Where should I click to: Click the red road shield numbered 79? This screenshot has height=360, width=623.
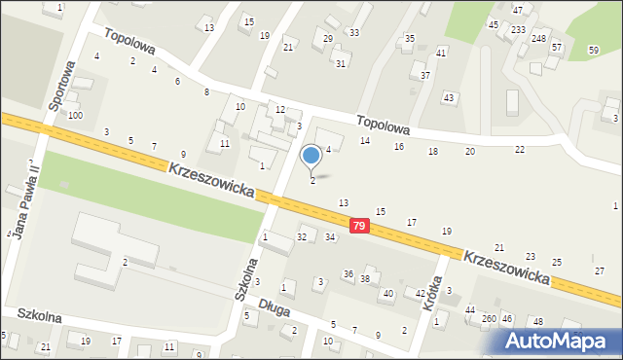[360, 226]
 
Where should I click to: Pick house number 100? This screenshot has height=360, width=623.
[75, 115]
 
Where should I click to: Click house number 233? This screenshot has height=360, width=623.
[518, 30]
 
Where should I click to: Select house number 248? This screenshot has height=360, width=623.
[538, 38]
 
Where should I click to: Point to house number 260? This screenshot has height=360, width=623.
[490, 318]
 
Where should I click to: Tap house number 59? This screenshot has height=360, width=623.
[594, 50]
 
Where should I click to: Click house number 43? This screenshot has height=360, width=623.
[449, 98]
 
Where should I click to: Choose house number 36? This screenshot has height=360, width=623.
[348, 274]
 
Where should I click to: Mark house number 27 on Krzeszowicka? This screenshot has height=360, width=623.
[599, 270]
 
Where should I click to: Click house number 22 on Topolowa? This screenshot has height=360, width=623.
[520, 149]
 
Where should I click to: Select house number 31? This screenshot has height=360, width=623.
[341, 63]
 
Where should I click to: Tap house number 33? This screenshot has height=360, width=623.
[354, 32]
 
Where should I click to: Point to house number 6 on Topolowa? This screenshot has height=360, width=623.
[177, 81]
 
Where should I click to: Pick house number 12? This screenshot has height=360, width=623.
[279, 109]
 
